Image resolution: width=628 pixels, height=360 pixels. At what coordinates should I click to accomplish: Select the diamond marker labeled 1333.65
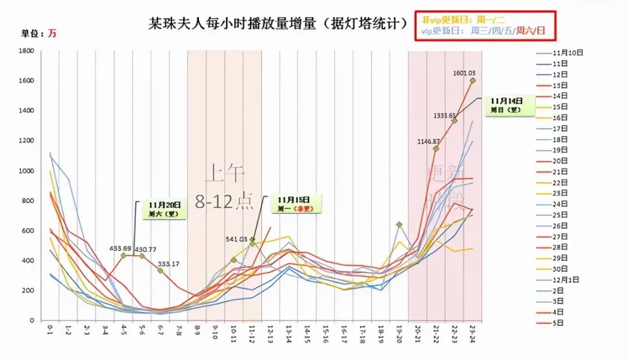click(454, 120)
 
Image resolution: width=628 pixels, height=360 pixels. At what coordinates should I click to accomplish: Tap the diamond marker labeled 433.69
click(123, 255)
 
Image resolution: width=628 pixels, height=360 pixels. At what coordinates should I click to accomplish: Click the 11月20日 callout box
click(165, 209)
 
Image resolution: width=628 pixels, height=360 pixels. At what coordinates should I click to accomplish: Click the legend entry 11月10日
click(568, 52)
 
